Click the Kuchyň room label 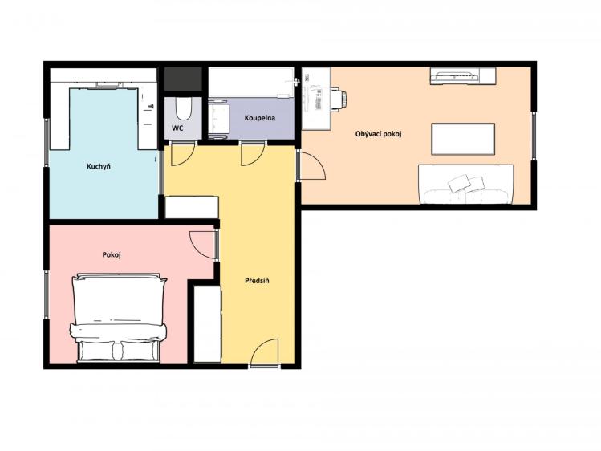coord(99,166)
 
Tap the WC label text coord(177,128)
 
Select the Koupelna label coord(259,118)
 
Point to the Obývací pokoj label coord(378,134)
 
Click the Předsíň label coord(257,281)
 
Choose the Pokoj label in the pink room coord(112,255)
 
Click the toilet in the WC coord(183,108)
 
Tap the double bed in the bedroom coord(119,318)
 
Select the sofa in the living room coord(465,185)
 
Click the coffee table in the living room coord(463,139)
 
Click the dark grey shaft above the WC coord(183,79)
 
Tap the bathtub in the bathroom coord(251,83)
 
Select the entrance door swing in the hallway coord(265,352)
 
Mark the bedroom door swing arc coord(203,245)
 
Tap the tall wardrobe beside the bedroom coord(207,323)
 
